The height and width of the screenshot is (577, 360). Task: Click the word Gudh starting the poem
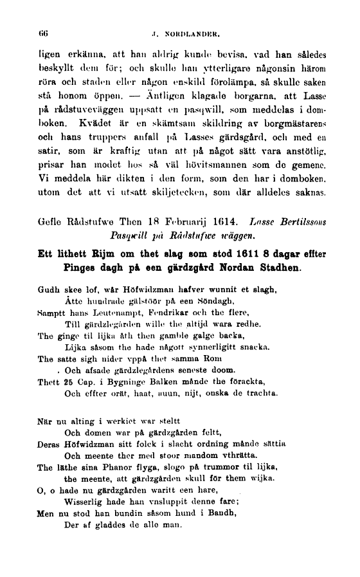tap(50, 291)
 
